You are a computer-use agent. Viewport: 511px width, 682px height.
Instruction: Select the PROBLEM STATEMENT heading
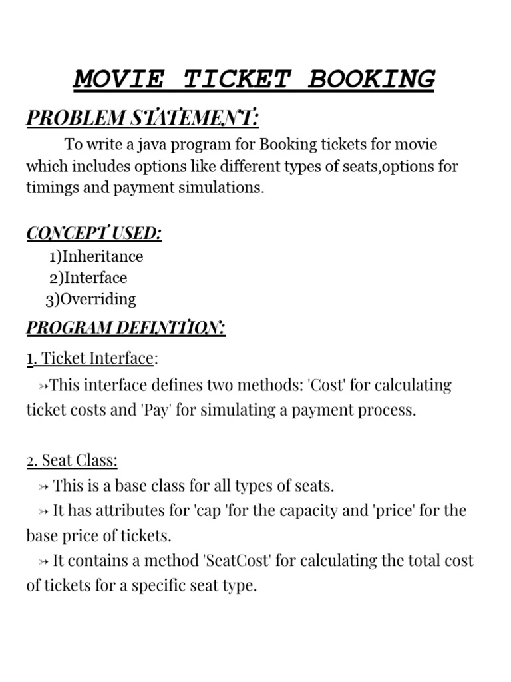tap(142, 118)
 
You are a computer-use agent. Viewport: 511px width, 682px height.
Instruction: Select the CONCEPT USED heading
tap(94, 233)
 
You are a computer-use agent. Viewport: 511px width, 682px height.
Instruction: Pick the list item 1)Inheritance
tap(96, 256)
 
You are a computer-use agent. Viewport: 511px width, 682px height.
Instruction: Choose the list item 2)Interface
tap(88, 278)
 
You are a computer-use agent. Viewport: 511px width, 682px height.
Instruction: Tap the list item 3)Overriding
tap(90, 299)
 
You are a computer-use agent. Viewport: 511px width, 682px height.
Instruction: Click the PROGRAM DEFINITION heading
tap(126, 328)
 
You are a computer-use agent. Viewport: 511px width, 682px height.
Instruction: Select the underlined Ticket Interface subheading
tap(90, 358)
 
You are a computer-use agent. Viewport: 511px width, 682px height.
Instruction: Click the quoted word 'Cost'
tap(345, 385)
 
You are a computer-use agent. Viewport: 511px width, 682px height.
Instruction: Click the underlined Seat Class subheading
tap(72, 460)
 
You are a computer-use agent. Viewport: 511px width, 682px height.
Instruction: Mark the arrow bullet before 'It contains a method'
tap(43, 561)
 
